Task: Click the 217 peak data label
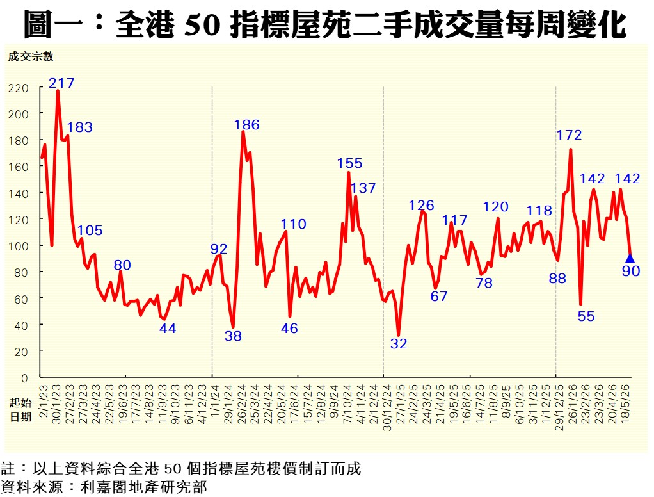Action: point(61,83)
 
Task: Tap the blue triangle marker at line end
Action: point(630,258)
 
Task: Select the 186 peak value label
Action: point(246,124)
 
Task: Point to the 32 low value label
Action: point(398,343)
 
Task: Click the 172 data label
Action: point(569,134)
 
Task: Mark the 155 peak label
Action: point(349,163)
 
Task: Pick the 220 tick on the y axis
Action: point(19,88)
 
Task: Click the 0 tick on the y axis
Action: point(24,378)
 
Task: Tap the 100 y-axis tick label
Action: point(19,246)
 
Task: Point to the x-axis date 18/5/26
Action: point(626,404)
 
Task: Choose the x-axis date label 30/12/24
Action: point(387,407)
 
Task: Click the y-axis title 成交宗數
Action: point(31,56)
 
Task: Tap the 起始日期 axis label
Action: point(20,410)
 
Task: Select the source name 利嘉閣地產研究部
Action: point(144,487)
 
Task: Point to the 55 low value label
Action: point(586,316)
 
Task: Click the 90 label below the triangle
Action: point(631,272)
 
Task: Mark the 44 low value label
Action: point(167,329)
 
